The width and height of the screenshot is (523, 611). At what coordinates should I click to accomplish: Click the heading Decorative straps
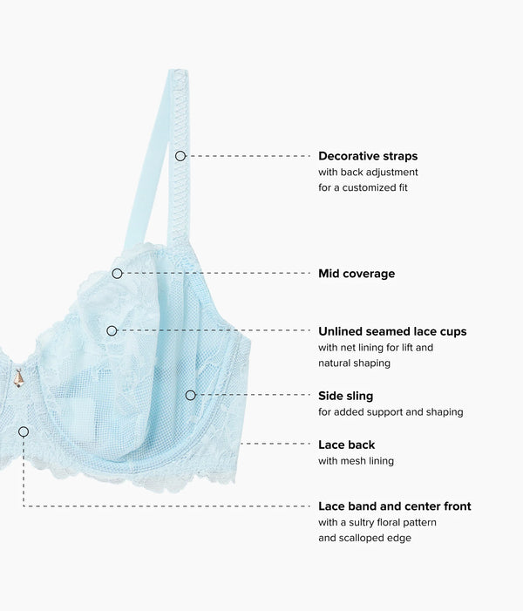pos(368,156)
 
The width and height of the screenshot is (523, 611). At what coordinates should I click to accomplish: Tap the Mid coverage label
pos(357,274)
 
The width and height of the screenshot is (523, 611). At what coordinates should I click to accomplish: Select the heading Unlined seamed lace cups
pos(392,331)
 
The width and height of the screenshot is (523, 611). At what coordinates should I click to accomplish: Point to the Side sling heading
pos(346,396)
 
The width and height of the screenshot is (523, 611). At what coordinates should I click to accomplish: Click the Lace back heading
pos(346,445)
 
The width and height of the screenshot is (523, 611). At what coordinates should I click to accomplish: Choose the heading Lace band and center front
pos(395,506)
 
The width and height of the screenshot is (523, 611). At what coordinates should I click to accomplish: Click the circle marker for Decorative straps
pos(180,156)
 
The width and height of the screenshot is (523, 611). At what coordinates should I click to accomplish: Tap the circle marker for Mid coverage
pos(117,274)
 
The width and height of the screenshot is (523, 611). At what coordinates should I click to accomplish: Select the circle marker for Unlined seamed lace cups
pos(112,331)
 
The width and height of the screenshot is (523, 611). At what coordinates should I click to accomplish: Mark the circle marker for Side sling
pos(190,395)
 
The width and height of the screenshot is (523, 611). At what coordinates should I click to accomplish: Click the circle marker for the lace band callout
pos(24,431)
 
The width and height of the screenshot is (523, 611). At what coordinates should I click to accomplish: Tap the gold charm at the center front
pos(18,378)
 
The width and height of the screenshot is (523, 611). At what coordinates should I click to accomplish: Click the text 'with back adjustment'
pos(368,173)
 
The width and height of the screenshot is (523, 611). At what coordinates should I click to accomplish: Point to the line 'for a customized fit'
pos(363,187)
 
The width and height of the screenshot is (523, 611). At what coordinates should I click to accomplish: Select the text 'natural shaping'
pos(354,363)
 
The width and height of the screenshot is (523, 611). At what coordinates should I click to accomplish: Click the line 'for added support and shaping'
pos(391,412)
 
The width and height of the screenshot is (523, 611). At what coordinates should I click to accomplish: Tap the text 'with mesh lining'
pos(356,461)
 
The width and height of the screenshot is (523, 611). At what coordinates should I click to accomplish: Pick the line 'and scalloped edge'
pos(364,538)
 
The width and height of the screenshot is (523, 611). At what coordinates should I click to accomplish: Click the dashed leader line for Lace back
pos(275,444)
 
